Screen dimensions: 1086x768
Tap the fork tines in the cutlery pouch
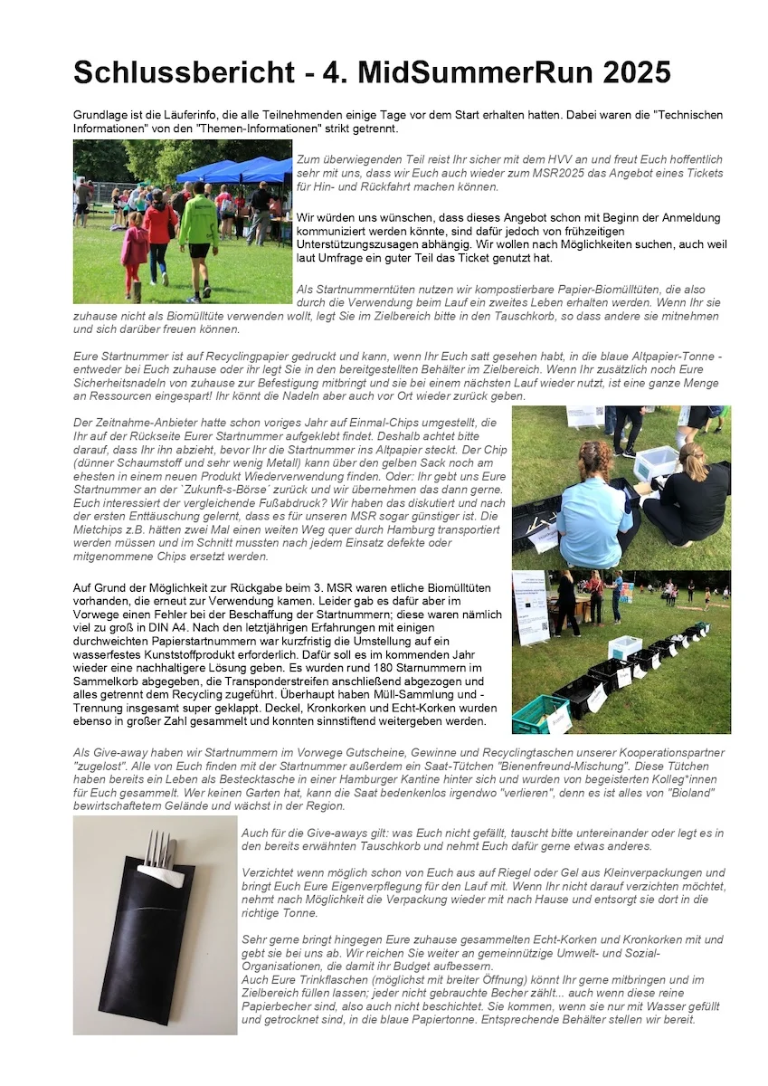[x=157, y=847]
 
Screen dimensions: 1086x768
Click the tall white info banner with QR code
[x=530, y=605]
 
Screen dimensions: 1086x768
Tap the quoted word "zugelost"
[x=95, y=765]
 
